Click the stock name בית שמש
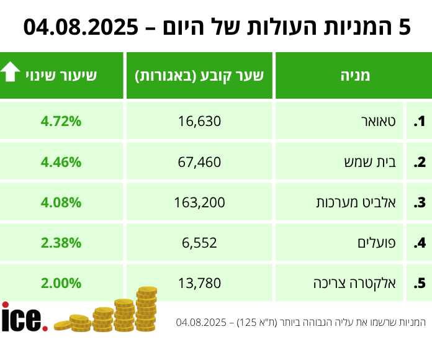[371, 162]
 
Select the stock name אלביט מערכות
[360, 202]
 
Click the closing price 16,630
[199, 121]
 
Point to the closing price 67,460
[199, 162]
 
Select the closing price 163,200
[199, 202]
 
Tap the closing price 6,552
[199, 243]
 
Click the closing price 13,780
[199, 283]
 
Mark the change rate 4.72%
[61, 121]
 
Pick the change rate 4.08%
[61, 202]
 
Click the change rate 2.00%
[61, 283]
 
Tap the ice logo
[24, 317]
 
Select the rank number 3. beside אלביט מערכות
[420, 202]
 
